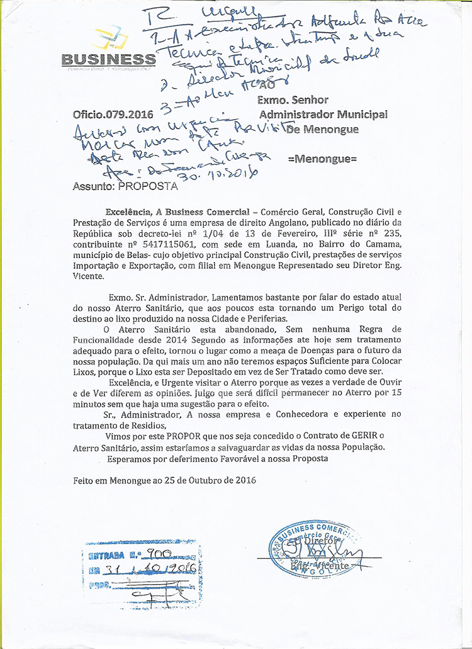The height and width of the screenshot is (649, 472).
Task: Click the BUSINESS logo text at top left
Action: (x=108, y=59)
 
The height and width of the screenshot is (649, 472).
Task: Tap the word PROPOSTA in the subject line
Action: (x=148, y=186)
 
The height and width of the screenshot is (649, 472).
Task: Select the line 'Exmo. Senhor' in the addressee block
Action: (x=293, y=99)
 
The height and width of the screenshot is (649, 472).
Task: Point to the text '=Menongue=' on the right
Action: (x=322, y=159)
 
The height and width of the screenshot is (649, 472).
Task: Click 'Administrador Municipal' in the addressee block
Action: (x=323, y=115)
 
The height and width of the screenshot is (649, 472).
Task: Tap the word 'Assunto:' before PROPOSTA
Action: (x=94, y=186)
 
